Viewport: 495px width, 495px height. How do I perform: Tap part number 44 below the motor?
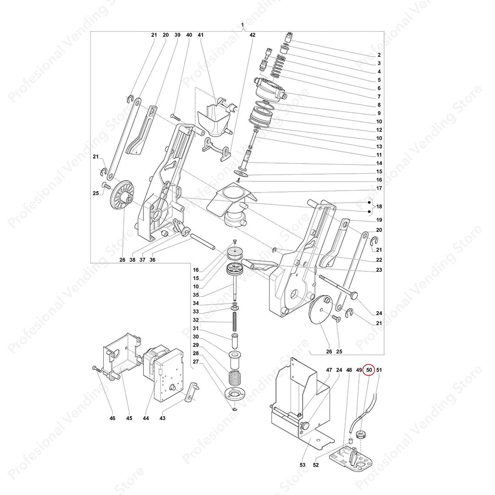click(146, 418)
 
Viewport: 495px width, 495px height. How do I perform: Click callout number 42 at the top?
click(253, 35)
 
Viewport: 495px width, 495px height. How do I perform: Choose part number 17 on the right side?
click(379, 188)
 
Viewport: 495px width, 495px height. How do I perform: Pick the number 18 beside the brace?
click(379, 207)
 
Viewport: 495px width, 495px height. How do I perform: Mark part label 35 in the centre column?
click(196, 295)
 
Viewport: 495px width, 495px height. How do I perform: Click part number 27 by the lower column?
click(196, 362)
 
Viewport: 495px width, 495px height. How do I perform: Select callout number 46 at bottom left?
click(112, 418)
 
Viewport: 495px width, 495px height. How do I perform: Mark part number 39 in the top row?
click(177, 35)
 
